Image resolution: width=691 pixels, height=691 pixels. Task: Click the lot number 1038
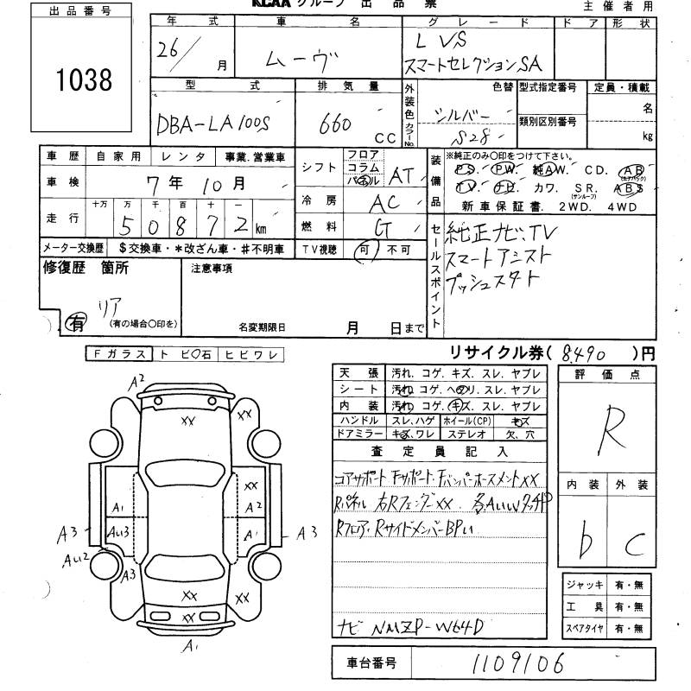[84, 80]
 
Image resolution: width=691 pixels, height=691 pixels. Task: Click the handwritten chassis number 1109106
[515, 663]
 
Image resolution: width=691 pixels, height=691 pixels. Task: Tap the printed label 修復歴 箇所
[86, 269]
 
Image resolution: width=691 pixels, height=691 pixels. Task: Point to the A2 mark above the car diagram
[136, 379]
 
